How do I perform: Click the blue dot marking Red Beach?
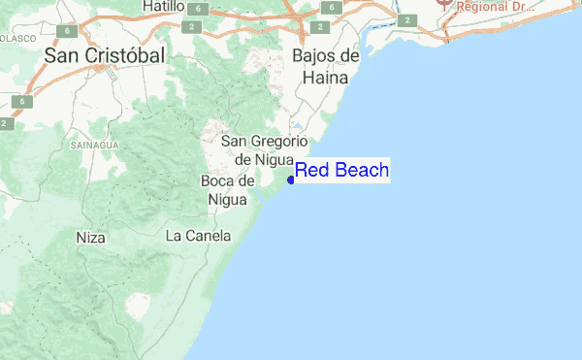[x=291, y=180]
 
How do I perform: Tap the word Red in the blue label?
[x=311, y=171]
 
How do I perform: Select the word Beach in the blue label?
[x=361, y=171]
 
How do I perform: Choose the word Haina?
[x=326, y=77]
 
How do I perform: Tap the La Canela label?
[x=198, y=235]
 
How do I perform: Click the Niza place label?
[x=90, y=236]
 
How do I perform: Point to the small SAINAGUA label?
[x=94, y=145]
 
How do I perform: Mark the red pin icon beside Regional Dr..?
[x=445, y=4]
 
